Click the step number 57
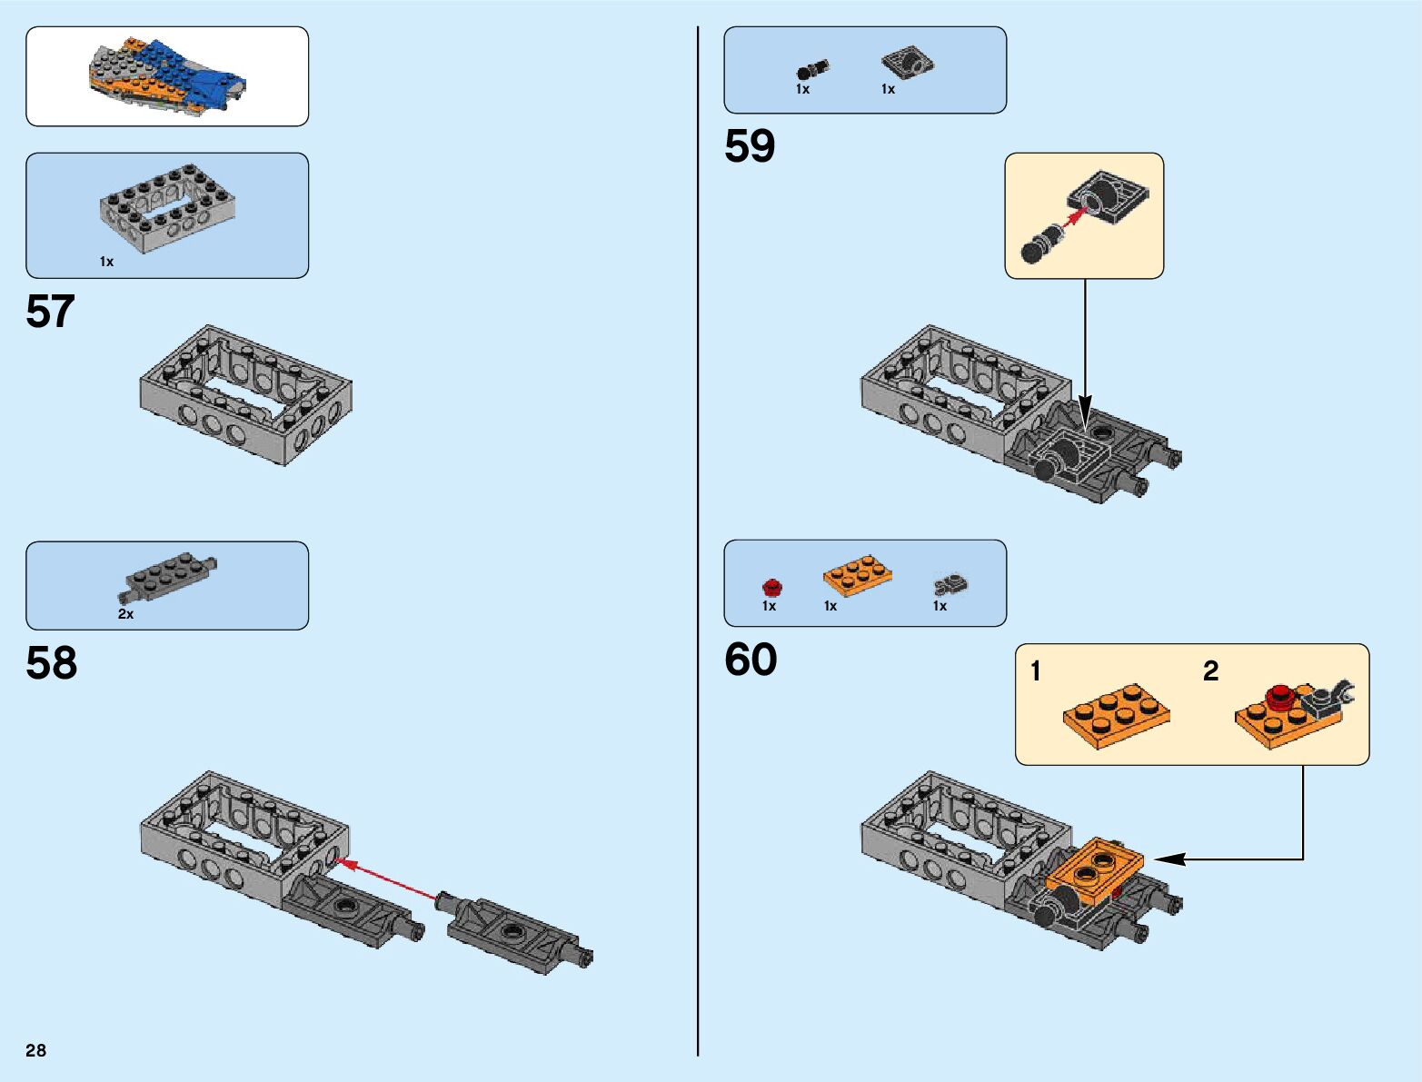[50, 312]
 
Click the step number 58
[51, 663]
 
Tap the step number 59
[750, 146]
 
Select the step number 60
[751, 660]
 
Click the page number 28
[35, 1050]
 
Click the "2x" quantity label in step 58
[125, 614]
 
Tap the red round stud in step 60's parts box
[771, 586]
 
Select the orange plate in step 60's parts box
[857, 576]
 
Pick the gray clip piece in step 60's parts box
[950, 584]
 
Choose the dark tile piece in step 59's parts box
[907, 62]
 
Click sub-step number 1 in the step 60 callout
[1035, 671]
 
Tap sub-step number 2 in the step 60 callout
[1210, 671]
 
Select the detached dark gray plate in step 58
[518, 936]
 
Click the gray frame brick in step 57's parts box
[167, 209]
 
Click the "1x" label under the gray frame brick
[106, 262]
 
